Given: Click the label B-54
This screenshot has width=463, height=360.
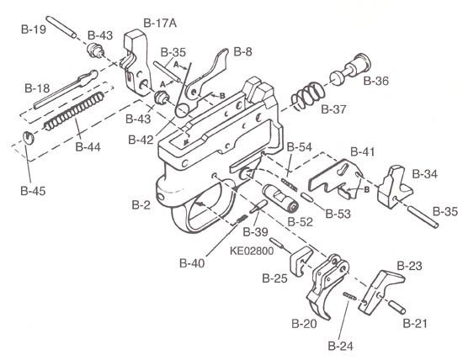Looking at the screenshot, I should (x=299, y=146).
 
